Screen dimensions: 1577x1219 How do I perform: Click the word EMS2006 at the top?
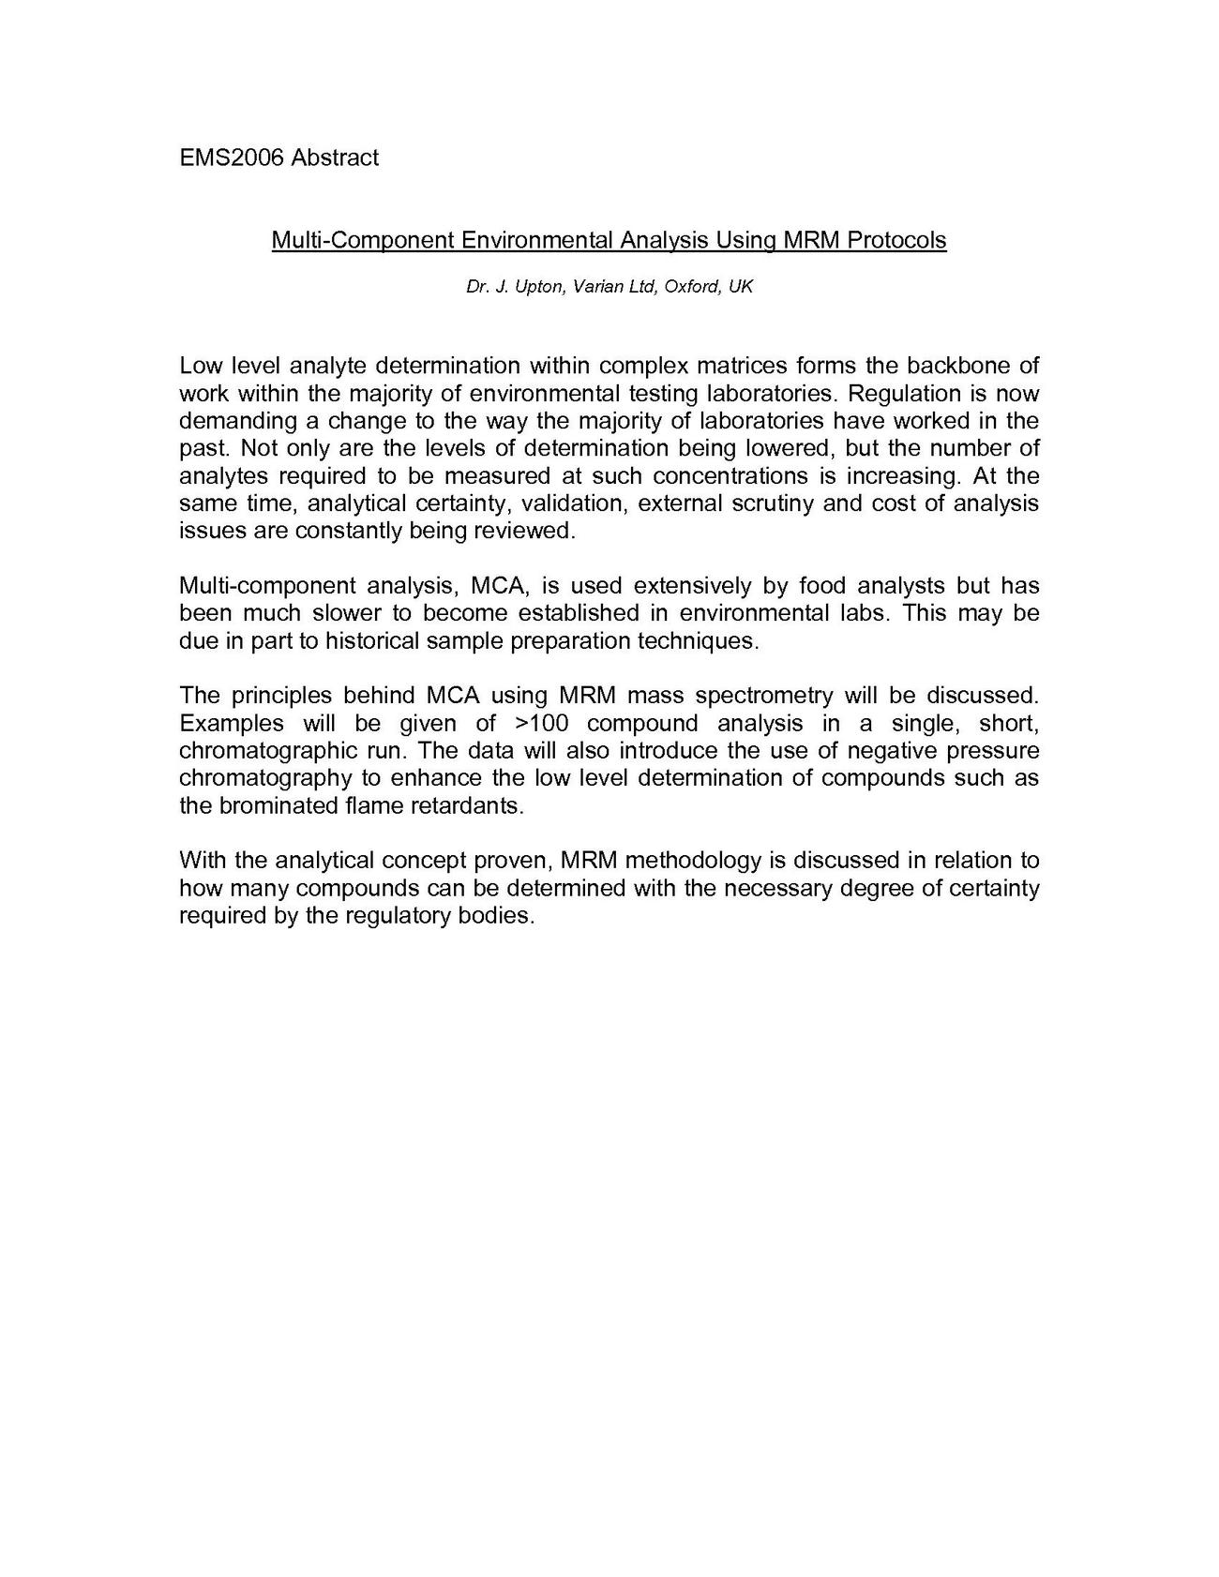[x=232, y=158]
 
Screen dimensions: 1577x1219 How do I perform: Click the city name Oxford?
[x=692, y=287]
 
